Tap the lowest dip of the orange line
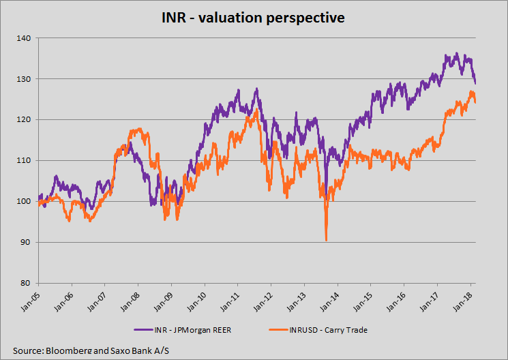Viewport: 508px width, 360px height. tap(327, 240)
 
